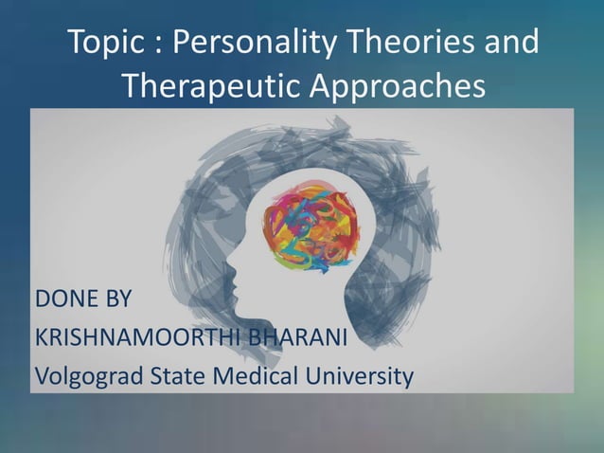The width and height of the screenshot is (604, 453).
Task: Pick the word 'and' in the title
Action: click(x=511, y=44)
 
